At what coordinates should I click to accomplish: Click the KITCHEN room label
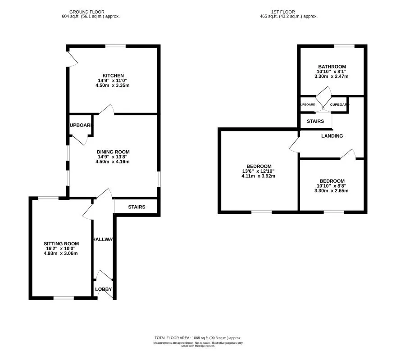[x=113, y=76]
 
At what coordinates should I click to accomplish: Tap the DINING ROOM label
[x=113, y=152]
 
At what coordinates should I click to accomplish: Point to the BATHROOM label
[x=332, y=67]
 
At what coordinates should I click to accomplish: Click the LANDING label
[x=332, y=136]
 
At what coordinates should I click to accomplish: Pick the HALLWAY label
[x=103, y=240]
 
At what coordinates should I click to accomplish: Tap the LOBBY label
[x=104, y=289]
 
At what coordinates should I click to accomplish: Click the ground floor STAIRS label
[x=137, y=207]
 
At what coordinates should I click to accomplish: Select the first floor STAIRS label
[x=315, y=121]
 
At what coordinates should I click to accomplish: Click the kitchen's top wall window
[x=115, y=46]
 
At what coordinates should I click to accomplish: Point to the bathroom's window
[x=344, y=46]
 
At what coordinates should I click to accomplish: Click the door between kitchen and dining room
[x=106, y=110]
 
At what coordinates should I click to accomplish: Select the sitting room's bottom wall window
[x=64, y=297]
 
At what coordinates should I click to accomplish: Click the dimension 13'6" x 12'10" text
[x=258, y=171]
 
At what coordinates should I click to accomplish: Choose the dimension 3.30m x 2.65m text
[x=332, y=191]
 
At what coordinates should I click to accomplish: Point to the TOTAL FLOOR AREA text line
[x=198, y=338]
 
